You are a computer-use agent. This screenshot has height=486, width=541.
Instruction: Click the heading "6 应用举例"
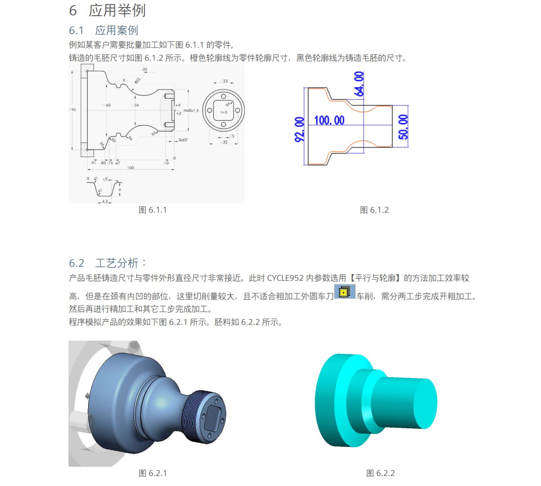pos(107,10)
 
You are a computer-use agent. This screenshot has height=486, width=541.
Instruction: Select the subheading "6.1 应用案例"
pos(103,30)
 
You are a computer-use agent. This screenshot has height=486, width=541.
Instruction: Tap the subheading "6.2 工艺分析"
pos(107,263)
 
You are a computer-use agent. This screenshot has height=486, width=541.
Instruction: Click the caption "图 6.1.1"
pos(152,210)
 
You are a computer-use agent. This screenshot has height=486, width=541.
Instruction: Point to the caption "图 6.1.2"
pos(374,210)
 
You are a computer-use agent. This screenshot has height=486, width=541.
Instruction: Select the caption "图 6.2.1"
pos(152,473)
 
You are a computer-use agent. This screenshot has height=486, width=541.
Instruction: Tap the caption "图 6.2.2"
pos(380,473)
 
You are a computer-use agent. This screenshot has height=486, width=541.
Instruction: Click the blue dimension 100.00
pos(329,121)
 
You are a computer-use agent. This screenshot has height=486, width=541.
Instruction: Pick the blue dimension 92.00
pos(299,129)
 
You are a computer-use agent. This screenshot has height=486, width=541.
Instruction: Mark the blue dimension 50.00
pos(403,127)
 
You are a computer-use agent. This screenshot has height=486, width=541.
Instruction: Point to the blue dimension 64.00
pos(359,84)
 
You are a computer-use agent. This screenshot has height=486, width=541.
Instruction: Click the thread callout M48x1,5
pos(191,110)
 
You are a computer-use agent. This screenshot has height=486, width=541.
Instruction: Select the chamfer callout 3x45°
pos(183,140)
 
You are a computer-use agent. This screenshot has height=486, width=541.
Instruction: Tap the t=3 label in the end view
pos(223,112)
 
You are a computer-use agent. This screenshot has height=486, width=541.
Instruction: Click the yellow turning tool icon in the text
pos(344,292)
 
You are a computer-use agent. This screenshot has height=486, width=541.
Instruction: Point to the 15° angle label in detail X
pos(105,179)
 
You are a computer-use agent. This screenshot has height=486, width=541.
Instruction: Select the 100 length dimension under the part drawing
pos(130,168)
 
